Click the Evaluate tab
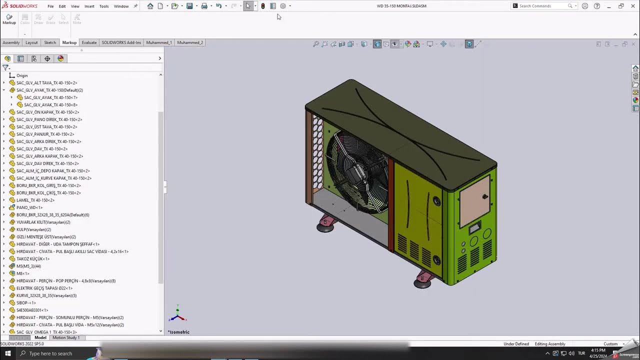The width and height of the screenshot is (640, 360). click(89, 42)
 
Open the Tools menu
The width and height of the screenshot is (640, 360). click(104, 6)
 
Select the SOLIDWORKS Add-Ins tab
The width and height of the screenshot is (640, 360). click(121, 42)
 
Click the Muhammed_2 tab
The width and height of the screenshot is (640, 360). click(190, 42)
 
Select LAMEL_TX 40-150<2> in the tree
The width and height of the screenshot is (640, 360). click(35, 200)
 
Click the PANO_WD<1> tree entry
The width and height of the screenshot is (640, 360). click(29, 207)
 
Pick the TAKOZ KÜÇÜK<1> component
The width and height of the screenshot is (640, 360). click(32, 259)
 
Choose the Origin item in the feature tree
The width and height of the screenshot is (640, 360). click(21, 75)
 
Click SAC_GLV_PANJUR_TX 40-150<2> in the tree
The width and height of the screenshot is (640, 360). click(45, 134)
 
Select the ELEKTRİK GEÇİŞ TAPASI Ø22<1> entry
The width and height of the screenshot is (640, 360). click(44, 288)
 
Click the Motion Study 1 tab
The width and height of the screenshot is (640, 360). click(66, 337)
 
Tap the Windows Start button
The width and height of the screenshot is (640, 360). click(8, 353)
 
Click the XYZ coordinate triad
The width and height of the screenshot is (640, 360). click(177, 316)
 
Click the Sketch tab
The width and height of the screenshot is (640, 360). click(50, 42)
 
